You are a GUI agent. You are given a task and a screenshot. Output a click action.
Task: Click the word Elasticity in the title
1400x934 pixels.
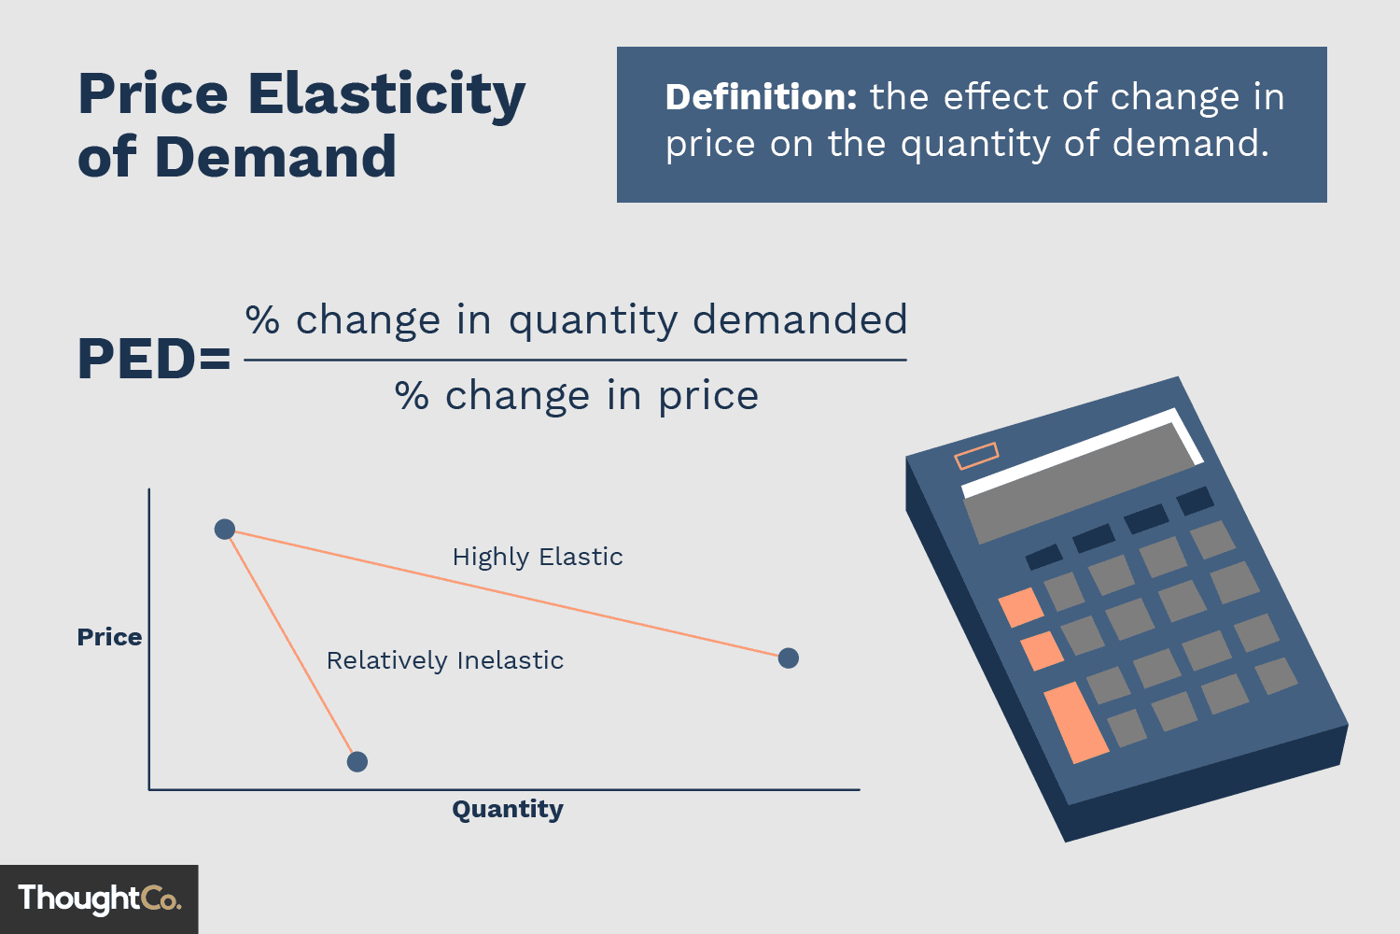point(386,95)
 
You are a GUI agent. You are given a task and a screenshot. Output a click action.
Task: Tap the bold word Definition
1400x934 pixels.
point(761,97)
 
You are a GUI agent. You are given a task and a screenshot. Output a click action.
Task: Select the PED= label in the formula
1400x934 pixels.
point(154,359)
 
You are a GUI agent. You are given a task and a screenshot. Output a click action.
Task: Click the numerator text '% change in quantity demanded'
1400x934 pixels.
point(576,320)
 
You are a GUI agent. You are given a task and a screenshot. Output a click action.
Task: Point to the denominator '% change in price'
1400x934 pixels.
point(577,396)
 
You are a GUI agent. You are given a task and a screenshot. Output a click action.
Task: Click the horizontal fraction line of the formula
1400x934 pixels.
point(575,360)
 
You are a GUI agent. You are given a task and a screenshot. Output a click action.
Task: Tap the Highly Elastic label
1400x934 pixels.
point(538,557)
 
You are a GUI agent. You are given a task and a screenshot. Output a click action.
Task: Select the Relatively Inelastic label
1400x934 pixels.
point(445,660)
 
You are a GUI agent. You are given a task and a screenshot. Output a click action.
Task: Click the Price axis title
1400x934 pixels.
point(109,637)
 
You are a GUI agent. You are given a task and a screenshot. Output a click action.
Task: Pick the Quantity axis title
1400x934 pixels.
point(508,809)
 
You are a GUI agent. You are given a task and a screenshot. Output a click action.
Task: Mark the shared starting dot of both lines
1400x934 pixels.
point(225,530)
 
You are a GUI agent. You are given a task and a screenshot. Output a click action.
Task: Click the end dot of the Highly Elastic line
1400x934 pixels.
point(789,658)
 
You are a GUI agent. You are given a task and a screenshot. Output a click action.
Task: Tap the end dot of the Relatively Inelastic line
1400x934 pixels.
point(357,762)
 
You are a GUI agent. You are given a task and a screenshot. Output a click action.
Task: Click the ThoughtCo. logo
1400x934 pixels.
point(99,899)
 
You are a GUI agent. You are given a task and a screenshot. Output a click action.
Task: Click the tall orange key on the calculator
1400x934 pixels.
point(1076,722)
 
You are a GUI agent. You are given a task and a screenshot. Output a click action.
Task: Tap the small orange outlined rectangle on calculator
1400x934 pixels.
point(976,457)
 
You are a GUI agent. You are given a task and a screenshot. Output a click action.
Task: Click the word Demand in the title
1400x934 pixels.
point(275,157)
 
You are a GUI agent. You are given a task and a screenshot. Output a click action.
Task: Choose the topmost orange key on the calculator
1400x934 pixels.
point(1021,607)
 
